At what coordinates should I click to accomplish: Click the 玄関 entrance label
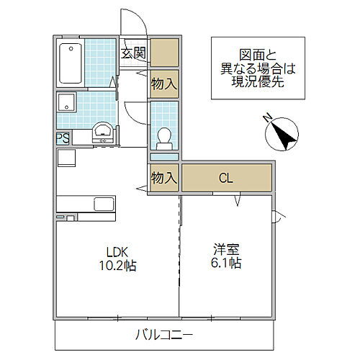[x=133, y=53]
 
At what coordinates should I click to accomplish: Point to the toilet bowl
[x=163, y=135]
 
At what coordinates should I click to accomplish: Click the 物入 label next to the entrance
[x=163, y=84]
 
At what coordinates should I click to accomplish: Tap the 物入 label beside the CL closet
[x=163, y=178]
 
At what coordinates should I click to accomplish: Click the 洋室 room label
[x=226, y=251]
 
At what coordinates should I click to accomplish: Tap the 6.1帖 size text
[x=226, y=264]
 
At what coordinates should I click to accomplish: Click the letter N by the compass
[x=267, y=117]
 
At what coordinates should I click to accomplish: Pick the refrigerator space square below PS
[x=66, y=157]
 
